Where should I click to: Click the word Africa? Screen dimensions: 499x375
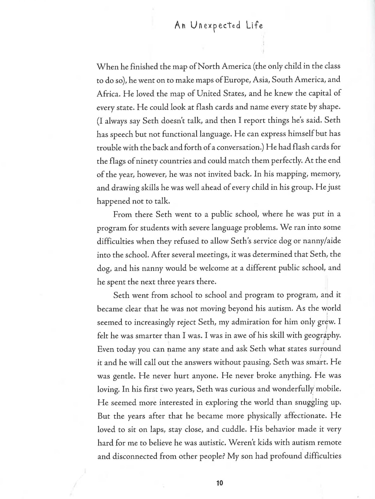pos(106,93)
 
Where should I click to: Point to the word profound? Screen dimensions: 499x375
pos(286,456)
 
